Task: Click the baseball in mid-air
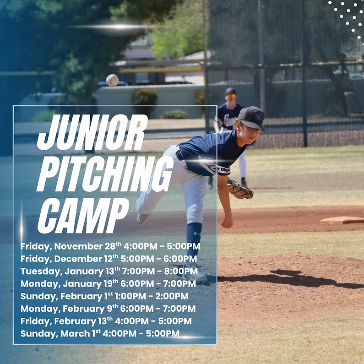112,80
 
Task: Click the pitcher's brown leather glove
240,189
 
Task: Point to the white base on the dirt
342,220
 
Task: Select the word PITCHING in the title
105,174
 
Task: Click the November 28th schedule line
110,247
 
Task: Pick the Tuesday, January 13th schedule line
109,271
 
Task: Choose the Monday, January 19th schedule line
108,283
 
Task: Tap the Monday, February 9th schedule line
108,309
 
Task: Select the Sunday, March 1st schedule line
100,333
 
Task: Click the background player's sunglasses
231,95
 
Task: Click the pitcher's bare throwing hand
227,222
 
